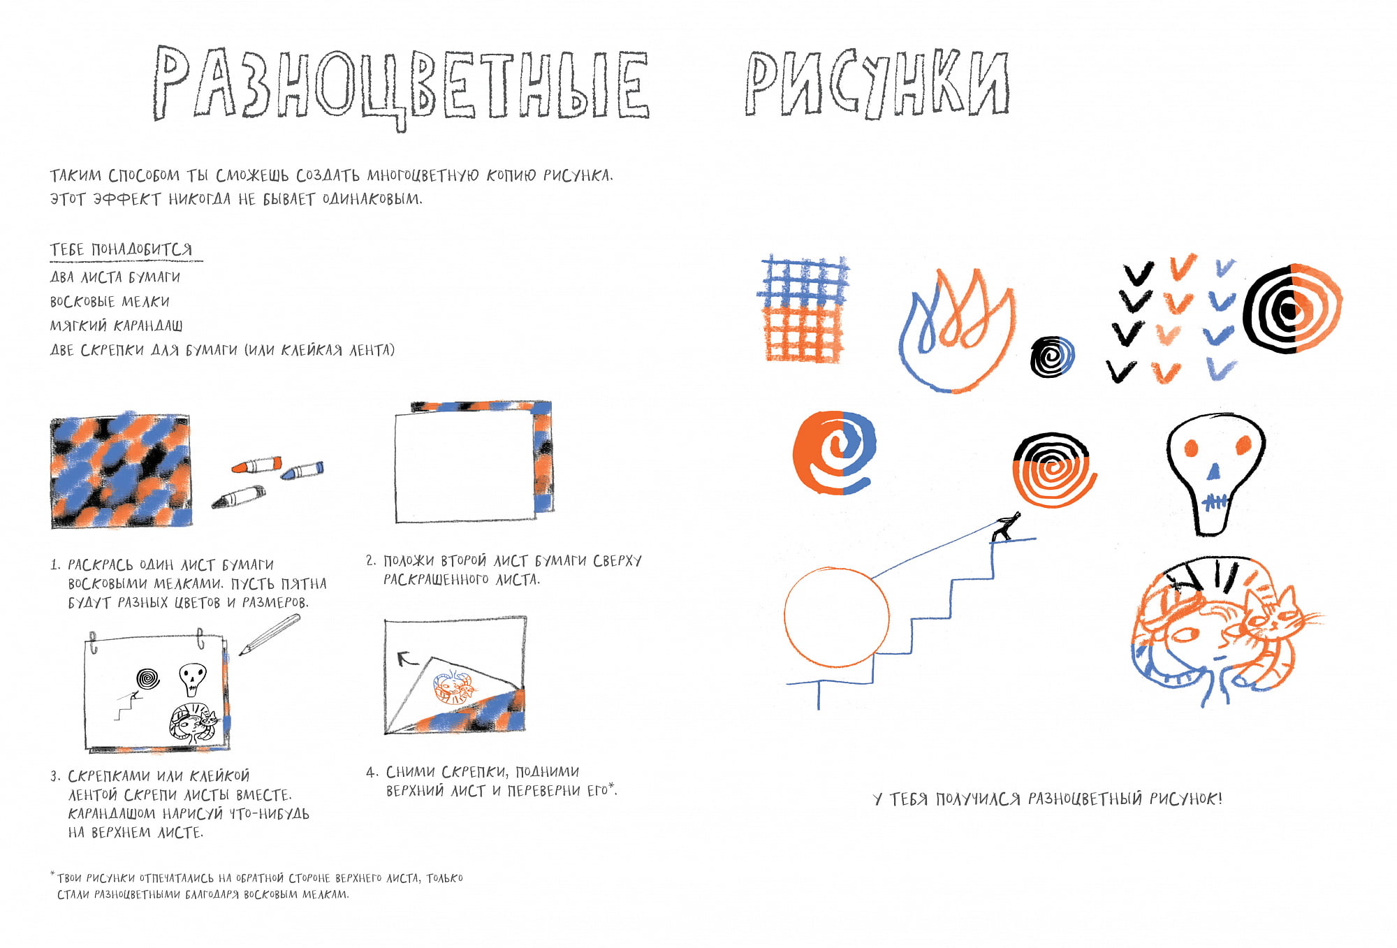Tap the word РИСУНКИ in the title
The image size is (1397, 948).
tap(877, 84)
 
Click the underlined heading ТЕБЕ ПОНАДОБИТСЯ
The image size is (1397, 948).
tap(122, 249)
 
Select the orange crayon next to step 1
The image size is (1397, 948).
tap(256, 465)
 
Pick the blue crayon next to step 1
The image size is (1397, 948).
tap(302, 471)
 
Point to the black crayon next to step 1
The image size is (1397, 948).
tap(239, 497)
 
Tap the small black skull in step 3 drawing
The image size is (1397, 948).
tap(192, 678)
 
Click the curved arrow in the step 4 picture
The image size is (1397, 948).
tap(406, 657)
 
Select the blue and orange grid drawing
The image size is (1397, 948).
tap(804, 308)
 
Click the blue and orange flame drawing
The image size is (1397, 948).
tap(956, 330)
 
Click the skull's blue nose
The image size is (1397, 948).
tap(1214, 472)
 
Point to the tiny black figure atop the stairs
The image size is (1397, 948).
tap(1006, 527)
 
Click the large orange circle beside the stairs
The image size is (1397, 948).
tap(836, 618)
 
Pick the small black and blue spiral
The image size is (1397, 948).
tap(1053, 356)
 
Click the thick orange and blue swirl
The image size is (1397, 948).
tap(834, 453)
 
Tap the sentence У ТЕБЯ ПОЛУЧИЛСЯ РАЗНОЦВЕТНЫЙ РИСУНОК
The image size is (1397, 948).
tap(1048, 798)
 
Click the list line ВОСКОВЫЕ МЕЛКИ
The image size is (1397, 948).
tap(110, 302)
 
